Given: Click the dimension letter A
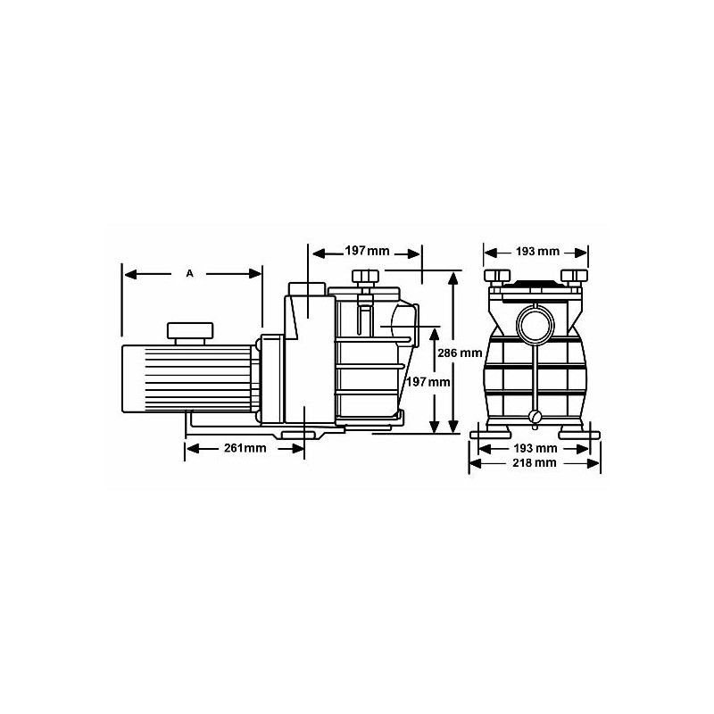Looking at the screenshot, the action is click(189, 273).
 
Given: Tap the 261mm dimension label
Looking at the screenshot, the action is click(245, 448).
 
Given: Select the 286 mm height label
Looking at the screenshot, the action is click(460, 353).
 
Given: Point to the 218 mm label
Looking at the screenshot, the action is click(535, 462).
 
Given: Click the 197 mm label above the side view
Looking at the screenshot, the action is click(367, 251).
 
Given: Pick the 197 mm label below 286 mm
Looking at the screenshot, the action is click(428, 382).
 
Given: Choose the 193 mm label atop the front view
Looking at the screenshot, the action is click(537, 252).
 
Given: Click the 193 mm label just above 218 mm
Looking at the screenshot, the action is click(535, 449).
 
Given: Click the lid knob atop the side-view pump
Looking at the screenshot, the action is click(365, 276).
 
